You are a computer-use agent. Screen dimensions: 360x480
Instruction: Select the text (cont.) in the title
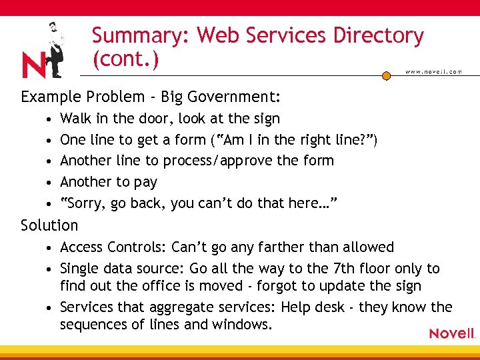(125, 59)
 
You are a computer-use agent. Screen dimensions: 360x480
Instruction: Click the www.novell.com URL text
(433, 72)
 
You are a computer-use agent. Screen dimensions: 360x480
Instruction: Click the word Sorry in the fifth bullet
(82, 203)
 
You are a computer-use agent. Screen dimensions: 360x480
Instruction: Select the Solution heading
(49, 225)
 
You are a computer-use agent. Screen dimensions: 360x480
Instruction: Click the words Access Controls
(113, 247)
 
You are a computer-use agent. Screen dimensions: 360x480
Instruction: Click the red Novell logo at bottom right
(452, 333)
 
